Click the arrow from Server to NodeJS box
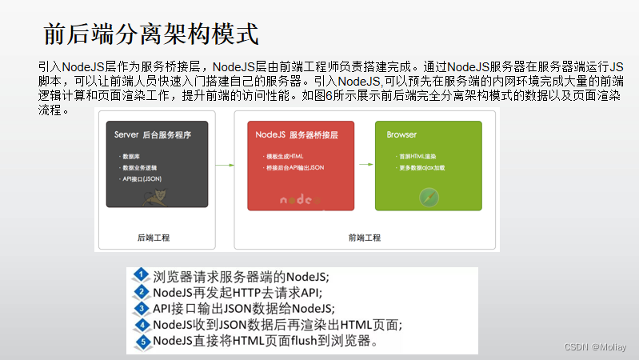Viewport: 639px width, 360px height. pos(225,165)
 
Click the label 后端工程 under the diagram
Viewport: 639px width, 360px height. pos(154,238)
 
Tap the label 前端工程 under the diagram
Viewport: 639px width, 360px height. pos(365,238)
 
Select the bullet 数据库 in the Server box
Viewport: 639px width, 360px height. pos(132,156)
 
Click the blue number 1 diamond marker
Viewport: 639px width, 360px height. pos(142,274)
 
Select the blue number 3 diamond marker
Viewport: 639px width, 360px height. pos(142,308)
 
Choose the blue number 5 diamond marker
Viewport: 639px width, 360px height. pos(142,342)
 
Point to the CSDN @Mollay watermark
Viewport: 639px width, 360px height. pos(596,347)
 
